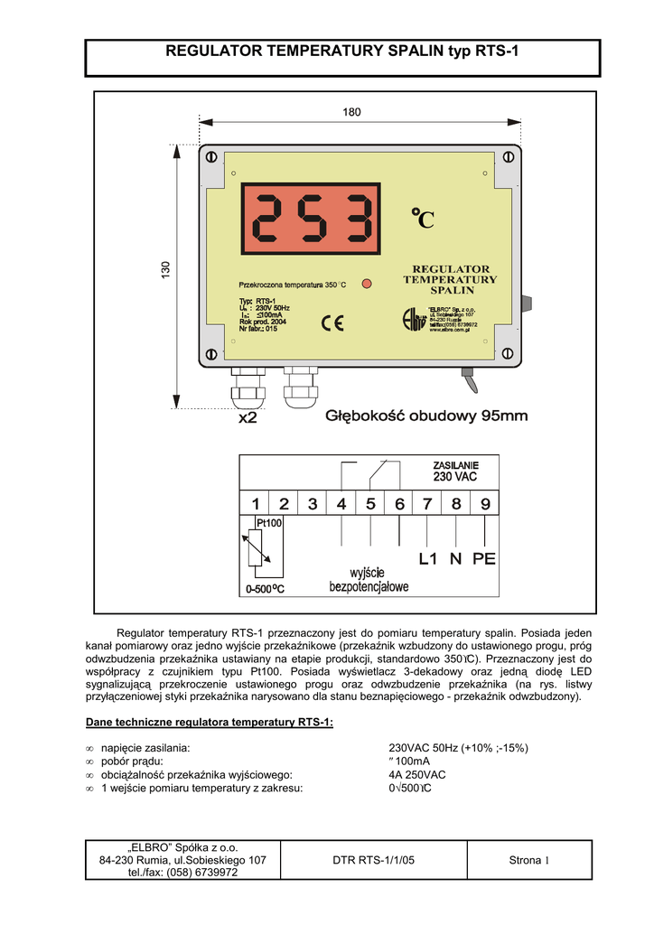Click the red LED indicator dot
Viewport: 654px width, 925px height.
pos(367,284)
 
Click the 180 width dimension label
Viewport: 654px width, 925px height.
pos(351,112)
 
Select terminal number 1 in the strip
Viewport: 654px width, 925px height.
pos(256,505)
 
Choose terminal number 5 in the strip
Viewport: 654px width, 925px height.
pos(370,505)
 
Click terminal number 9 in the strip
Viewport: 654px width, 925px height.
pos(485,505)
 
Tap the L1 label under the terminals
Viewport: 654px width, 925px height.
pos(427,559)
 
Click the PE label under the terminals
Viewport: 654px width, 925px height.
pos(484,559)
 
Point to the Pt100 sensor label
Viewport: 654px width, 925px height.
pos(269,523)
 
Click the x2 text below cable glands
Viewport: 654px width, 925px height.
pos(248,418)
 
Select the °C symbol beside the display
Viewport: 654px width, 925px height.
pos(422,218)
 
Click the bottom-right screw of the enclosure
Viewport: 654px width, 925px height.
pos(509,355)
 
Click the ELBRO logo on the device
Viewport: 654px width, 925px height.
pos(414,319)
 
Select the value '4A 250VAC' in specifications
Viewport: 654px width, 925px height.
pos(416,775)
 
